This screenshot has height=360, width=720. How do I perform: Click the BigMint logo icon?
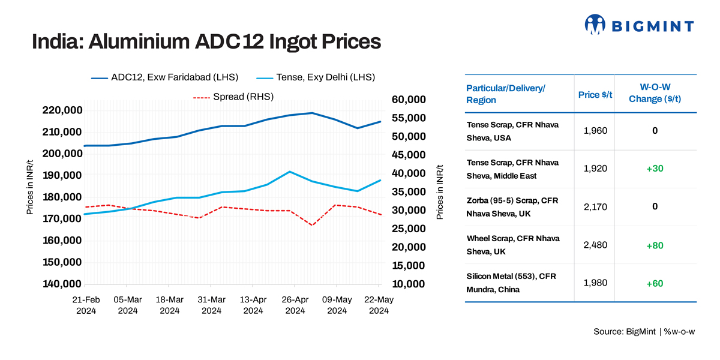595,25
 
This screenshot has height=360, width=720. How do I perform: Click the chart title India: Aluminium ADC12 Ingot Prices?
206,42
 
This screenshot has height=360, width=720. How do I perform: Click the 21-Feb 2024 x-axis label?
86,305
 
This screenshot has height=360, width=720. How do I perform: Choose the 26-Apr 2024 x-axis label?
295,305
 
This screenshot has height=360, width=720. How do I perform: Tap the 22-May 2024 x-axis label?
379,305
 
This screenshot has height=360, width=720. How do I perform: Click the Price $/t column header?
595,95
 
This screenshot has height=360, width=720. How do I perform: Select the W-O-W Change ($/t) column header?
655,94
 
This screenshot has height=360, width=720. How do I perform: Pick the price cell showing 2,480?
595,245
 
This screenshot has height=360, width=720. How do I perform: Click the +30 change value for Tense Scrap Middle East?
655,169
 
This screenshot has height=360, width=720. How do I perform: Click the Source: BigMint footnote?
644,332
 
